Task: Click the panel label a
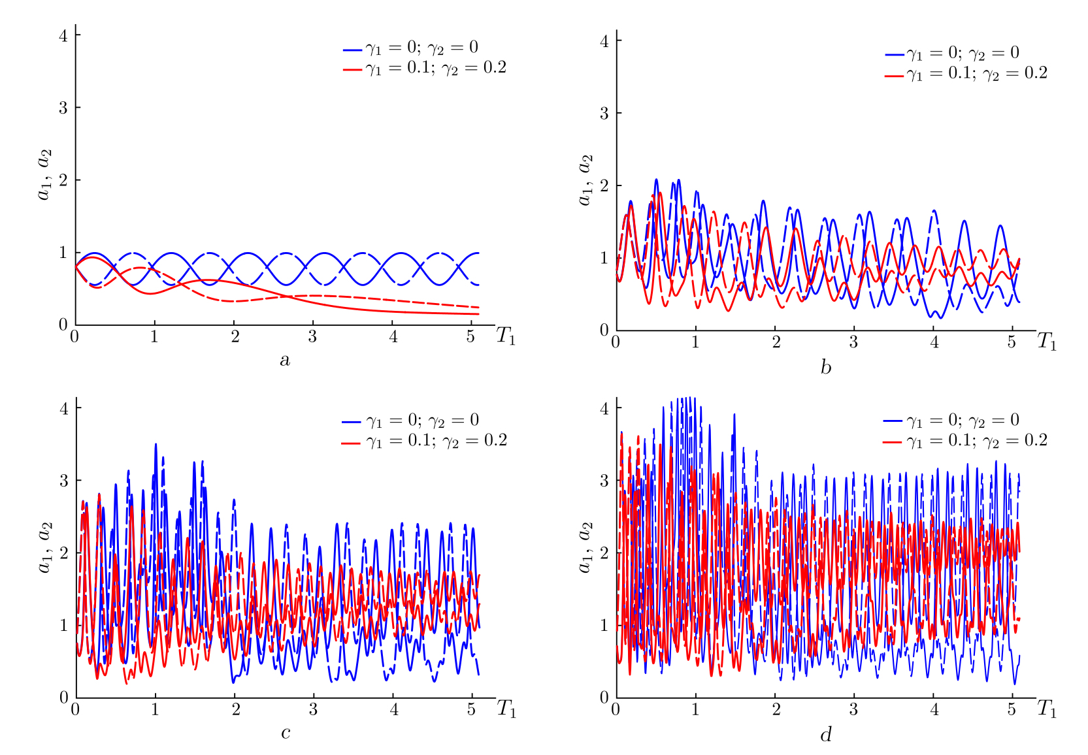click(x=285, y=360)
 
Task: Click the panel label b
click(x=826, y=367)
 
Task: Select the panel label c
click(x=286, y=733)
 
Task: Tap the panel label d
click(x=826, y=735)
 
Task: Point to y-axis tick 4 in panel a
click(x=63, y=35)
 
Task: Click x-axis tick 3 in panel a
click(x=313, y=337)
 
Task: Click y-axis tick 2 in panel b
click(x=604, y=185)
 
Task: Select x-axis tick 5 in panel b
click(x=1012, y=342)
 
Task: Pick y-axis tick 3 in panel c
click(x=63, y=481)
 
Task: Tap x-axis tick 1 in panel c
click(x=156, y=710)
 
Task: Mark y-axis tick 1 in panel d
click(x=604, y=625)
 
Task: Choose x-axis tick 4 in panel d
click(x=934, y=710)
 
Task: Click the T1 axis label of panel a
click(x=506, y=336)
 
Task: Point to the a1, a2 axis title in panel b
click(x=585, y=180)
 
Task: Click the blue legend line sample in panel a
click(x=352, y=50)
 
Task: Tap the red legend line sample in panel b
click(x=894, y=76)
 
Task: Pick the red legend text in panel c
click(x=437, y=441)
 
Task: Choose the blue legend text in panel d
click(x=963, y=420)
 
